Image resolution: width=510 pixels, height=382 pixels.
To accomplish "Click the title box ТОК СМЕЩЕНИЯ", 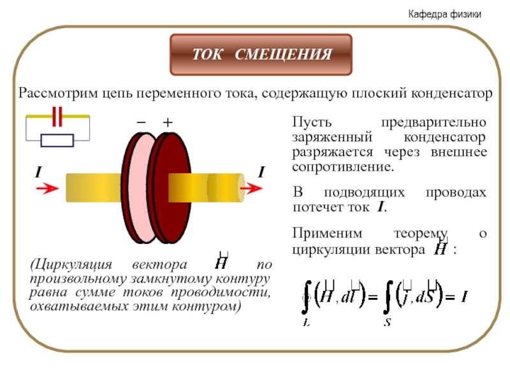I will (x=261, y=55).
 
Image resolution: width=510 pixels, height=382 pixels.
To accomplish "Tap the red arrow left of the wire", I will (x=46, y=189).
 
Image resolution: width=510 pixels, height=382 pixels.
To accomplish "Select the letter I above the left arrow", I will (x=38, y=173).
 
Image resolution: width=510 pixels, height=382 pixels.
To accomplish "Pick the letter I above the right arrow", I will (x=261, y=173).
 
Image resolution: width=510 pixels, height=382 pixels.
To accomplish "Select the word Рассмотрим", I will (x=55, y=94).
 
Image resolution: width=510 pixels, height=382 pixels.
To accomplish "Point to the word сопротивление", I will (x=344, y=168).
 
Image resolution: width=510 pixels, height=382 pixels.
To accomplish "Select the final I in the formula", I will (x=465, y=296).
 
